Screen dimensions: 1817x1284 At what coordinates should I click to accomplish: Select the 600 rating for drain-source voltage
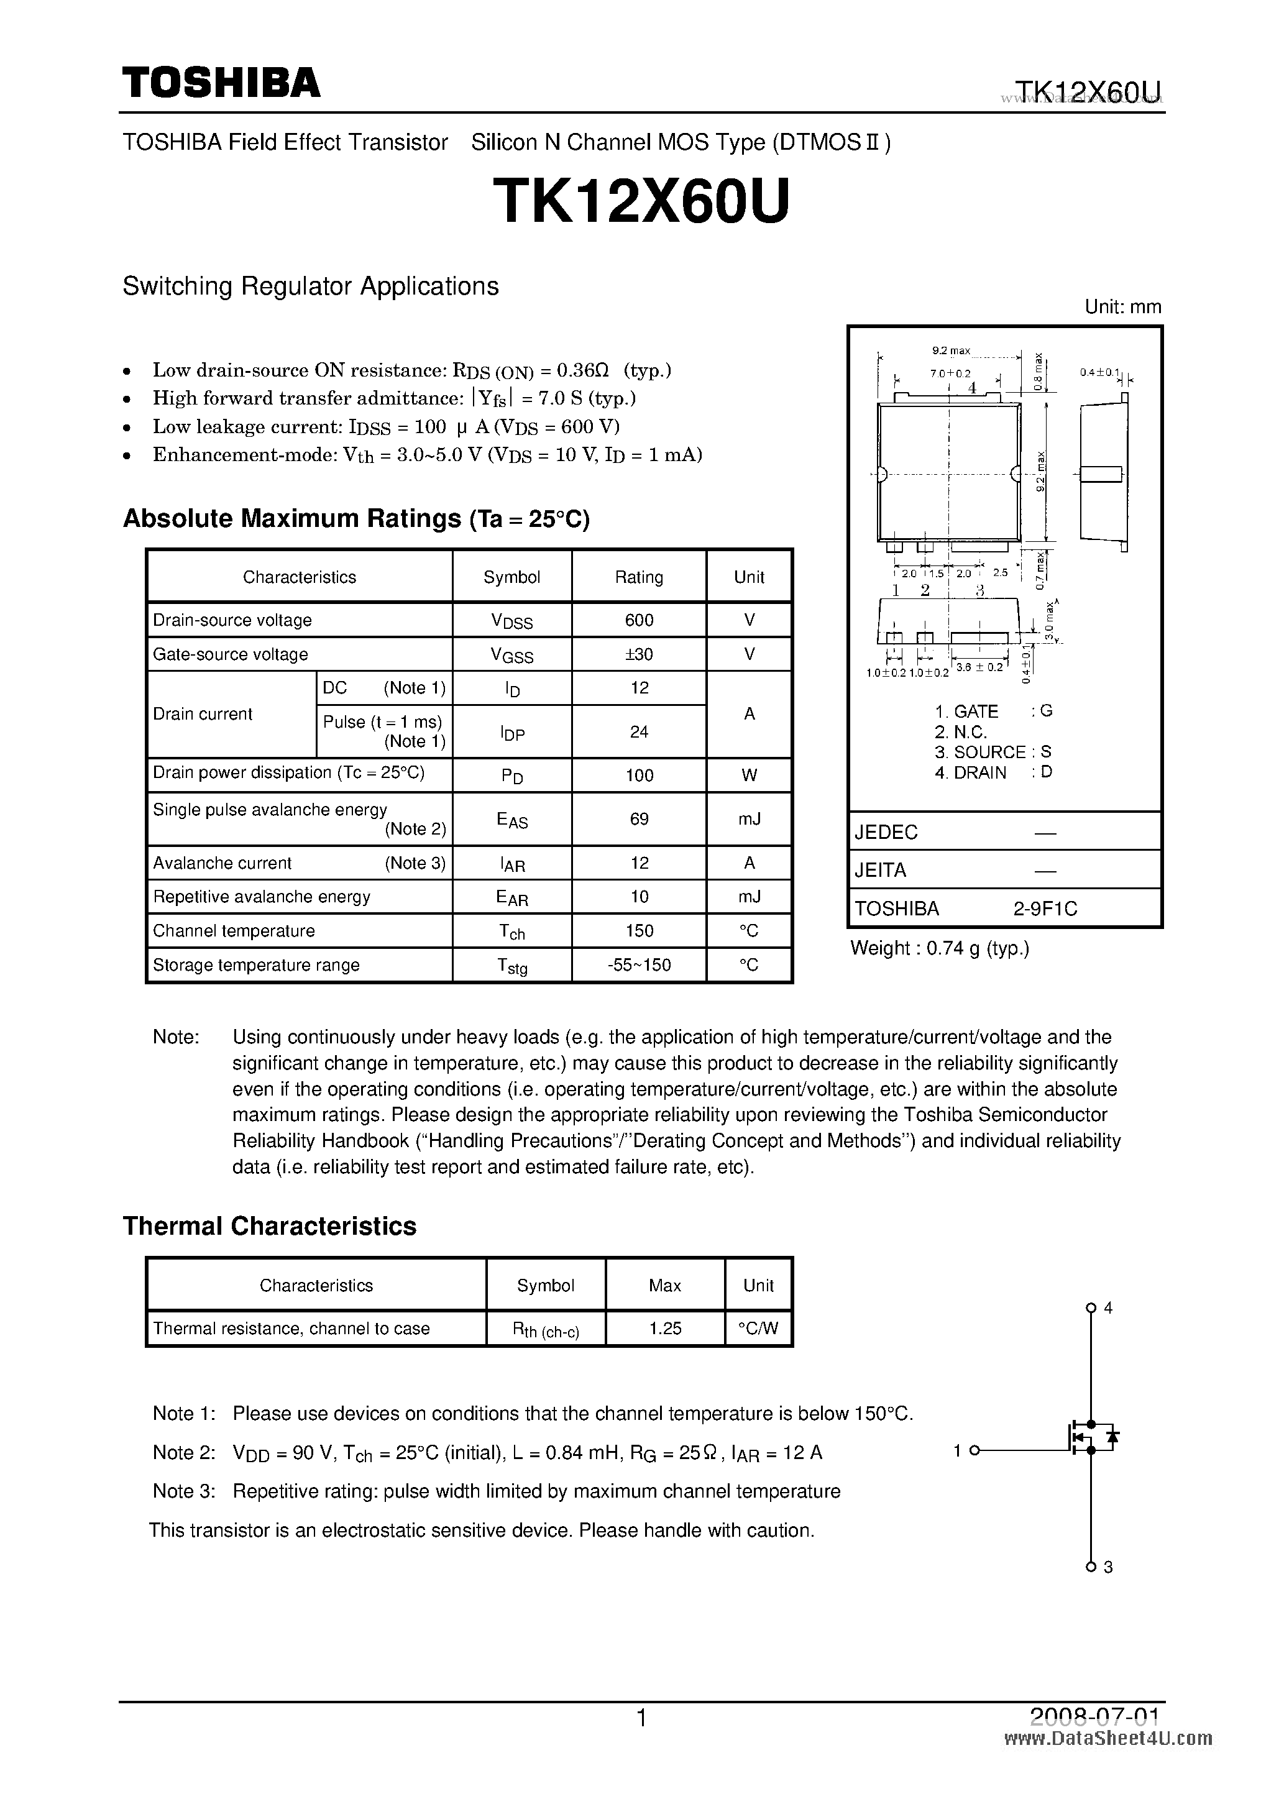tap(639, 620)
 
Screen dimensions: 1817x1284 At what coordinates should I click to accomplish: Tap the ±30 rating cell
tap(639, 654)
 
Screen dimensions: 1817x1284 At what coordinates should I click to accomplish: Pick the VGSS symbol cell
tap(511, 655)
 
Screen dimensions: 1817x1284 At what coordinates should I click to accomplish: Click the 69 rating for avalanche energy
tap(639, 819)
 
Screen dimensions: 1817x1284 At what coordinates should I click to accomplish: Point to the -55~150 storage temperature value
tap(639, 964)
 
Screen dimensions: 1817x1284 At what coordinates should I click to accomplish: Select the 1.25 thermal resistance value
tap(665, 1329)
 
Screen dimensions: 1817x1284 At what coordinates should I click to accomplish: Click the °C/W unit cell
tap(758, 1329)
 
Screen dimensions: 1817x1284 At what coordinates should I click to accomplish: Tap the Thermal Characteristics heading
tap(269, 1226)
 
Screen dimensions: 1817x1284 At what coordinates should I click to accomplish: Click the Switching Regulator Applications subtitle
tap(310, 286)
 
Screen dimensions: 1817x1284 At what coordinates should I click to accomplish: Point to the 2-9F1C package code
tap(1045, 908)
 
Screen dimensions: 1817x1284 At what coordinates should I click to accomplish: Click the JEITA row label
tap(880, 871)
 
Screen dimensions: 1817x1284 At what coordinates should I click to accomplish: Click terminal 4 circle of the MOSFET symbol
tap(1091, 1308)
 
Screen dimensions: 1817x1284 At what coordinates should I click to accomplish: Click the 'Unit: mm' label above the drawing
tap(1122, 307)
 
